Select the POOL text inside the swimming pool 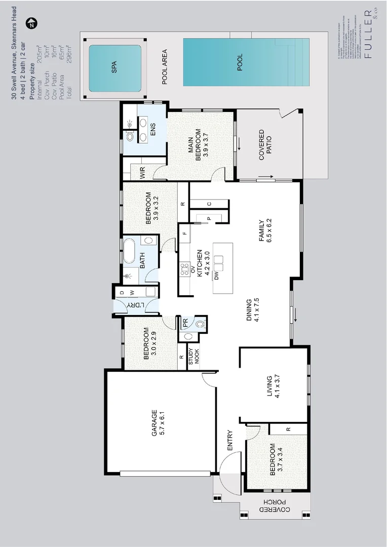click(x=240, y=62)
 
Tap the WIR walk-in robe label click(x=143, y=173)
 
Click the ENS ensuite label click(x=152, y=128)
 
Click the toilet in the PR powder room click(x=199, y=323)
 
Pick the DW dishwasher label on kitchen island click(x=216, y=276)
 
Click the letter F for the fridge click(x=185, y=233)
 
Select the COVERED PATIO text click(x=265, y=145)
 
